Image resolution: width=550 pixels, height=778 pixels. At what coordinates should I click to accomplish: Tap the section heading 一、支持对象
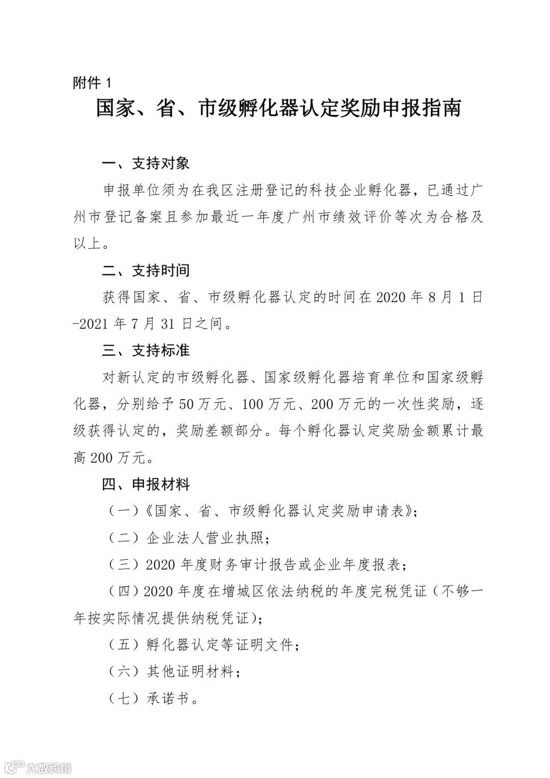(146, 163)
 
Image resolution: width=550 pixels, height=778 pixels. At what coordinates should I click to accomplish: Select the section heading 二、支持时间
(146, 270)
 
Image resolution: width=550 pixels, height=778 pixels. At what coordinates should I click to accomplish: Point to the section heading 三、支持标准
(146, 351)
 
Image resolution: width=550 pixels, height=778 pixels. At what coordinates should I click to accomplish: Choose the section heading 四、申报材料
(146, 484)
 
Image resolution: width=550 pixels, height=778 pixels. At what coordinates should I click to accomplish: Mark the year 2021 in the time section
(95, 324)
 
